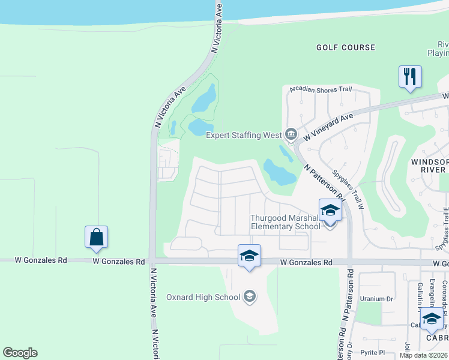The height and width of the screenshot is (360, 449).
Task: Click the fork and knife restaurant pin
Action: click(x=410, y=77)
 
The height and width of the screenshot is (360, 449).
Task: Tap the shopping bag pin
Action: click(x=96, y=238)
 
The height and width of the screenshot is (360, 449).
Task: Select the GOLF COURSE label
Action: click(x=345, y=47)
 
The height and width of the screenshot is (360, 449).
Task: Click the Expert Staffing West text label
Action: click(x=244, y=135)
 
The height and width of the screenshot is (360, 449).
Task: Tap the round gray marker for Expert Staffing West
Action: click(x=291, y=134)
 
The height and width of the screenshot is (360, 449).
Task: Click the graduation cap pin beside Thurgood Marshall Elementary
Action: click(x=330, y=211)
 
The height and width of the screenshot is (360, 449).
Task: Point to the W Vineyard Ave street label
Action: click(x=328, y=127)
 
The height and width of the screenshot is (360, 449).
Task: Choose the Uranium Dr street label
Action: click(x=376, y=299)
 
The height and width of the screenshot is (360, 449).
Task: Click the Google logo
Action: click(x=20, y=353)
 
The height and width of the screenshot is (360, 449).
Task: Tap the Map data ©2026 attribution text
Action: click(x=423, y=355)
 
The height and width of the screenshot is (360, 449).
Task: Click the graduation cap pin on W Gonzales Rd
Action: click(x=249, y=257)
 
